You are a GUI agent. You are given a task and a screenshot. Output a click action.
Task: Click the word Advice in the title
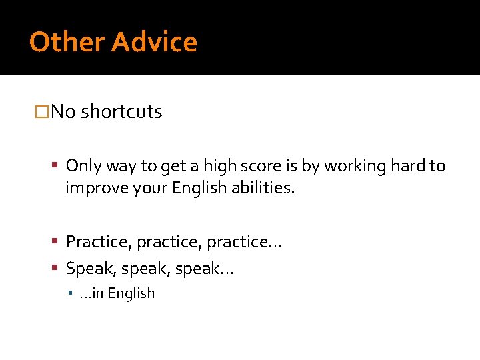(x=155, y=42)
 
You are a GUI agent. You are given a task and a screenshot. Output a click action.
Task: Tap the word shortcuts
(x=121, y=111)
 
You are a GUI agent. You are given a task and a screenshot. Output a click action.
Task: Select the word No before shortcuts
(x=63, y=111)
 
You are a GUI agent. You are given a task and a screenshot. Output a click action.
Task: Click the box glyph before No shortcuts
(x=42, y=111)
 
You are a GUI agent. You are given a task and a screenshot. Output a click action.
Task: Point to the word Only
(x=83, y=165)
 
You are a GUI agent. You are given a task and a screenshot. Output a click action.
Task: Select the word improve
(x=95, y=189)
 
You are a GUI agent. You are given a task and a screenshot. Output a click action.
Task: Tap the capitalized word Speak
(x=86, y=268)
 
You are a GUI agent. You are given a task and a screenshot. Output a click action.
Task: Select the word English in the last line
(x=131, y=293)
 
